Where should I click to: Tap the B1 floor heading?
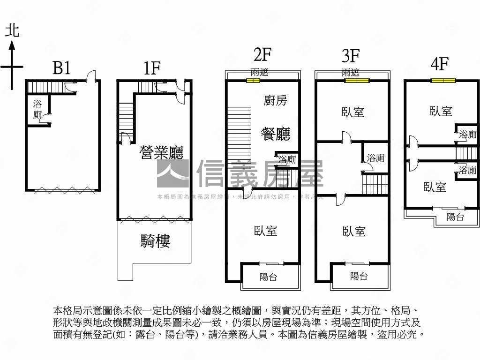tap(61, 68)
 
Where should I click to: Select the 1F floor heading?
tap(152, 68)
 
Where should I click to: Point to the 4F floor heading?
tap(440, 63)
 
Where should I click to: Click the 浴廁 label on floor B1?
tap(37, 109)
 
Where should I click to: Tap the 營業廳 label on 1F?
tap(162, 152)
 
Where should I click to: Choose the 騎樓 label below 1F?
tap(155, 241)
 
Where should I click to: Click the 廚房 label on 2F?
tap(276, 100)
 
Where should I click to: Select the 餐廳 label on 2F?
tap(275, 134)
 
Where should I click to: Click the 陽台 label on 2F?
tap(269, 277)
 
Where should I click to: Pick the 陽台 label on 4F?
tap(455, 217)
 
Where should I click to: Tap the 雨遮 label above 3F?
tap(351, 73)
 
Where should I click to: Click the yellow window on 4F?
tap(443, 81)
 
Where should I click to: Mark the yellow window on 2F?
tap(253, 81)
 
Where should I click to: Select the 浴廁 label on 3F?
tap(375, 158)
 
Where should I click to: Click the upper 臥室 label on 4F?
tap(441, 111)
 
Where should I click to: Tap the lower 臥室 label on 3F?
tap(354, 232)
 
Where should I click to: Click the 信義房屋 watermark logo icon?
tap(172, 173)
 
